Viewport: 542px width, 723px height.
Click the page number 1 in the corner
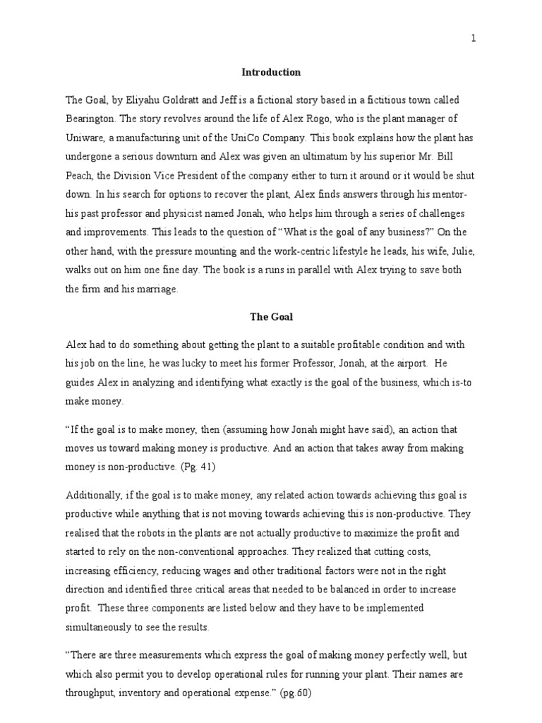(x=474, y=39)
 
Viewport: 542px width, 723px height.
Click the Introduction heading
(x=271, y=72)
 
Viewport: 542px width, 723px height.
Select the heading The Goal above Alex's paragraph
(x=271, y=317)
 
